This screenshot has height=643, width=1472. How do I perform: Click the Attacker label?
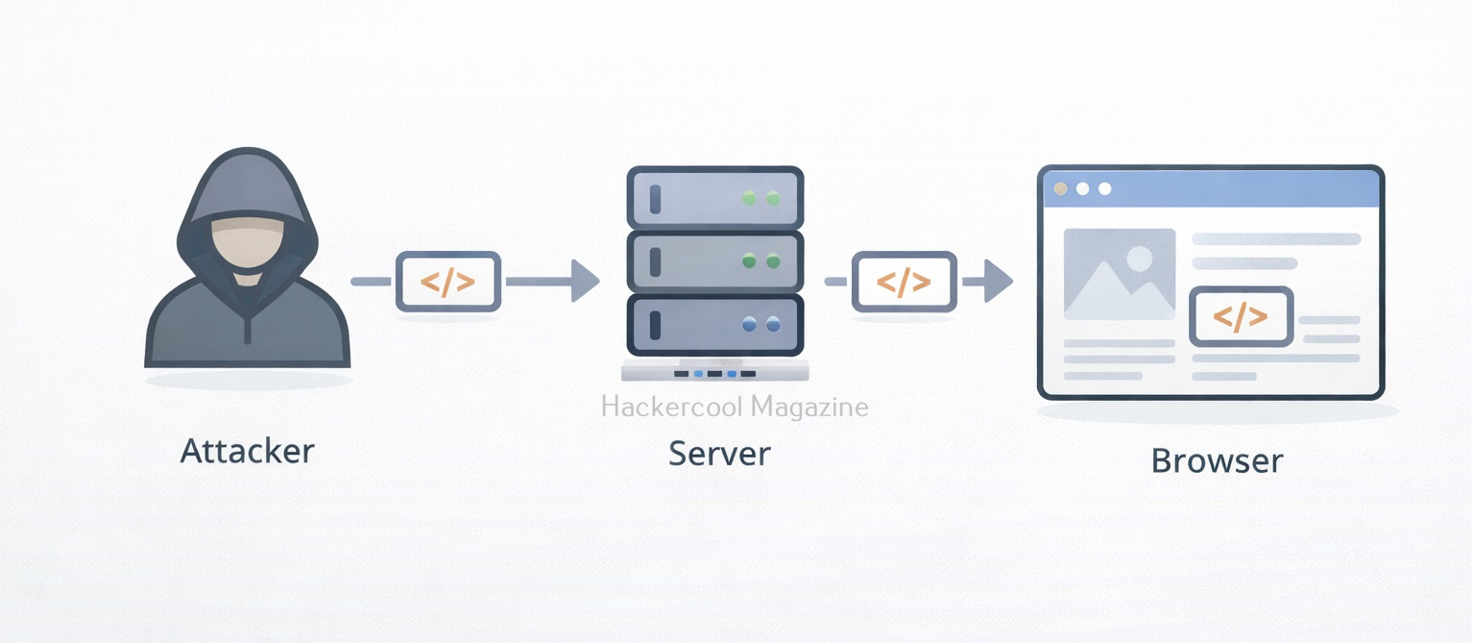247,451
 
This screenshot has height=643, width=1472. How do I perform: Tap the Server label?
719,453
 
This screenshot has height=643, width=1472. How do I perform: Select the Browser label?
1217,460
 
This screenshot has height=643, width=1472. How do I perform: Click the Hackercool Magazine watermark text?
735,407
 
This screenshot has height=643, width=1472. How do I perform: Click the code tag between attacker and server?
448,282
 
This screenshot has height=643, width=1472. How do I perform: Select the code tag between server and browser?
905,282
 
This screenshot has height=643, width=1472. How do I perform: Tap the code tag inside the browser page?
1241,316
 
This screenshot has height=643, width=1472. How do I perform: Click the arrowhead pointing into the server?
585,282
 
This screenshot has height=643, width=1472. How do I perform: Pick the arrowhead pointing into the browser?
1000,282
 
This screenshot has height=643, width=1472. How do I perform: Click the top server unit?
714,199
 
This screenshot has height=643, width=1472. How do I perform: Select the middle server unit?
714,261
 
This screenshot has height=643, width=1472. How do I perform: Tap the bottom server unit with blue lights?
714,325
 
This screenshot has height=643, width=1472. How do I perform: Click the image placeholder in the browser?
1120,274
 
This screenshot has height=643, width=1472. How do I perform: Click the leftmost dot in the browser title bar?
1061,188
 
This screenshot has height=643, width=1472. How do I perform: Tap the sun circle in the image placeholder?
1140,258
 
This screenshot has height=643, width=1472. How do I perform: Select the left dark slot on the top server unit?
656,199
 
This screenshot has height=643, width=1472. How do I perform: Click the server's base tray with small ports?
714,372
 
